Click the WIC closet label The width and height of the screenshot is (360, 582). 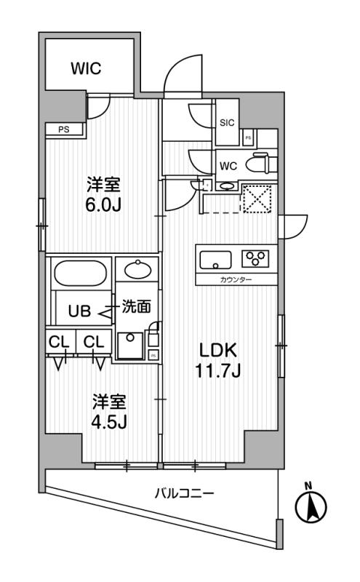pos(86,69)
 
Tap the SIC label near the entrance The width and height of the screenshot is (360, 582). pos(226,123)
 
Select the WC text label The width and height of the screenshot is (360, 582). pos(228,166)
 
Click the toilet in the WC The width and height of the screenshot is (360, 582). pos(258,164)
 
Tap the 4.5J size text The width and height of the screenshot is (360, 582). pos(108,422)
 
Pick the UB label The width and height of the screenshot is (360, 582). pos(79,313)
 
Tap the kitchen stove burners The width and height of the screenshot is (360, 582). pos(255,258)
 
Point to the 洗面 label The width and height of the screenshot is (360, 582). pos(136,307)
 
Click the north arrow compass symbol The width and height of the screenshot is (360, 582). pos(311,505)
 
